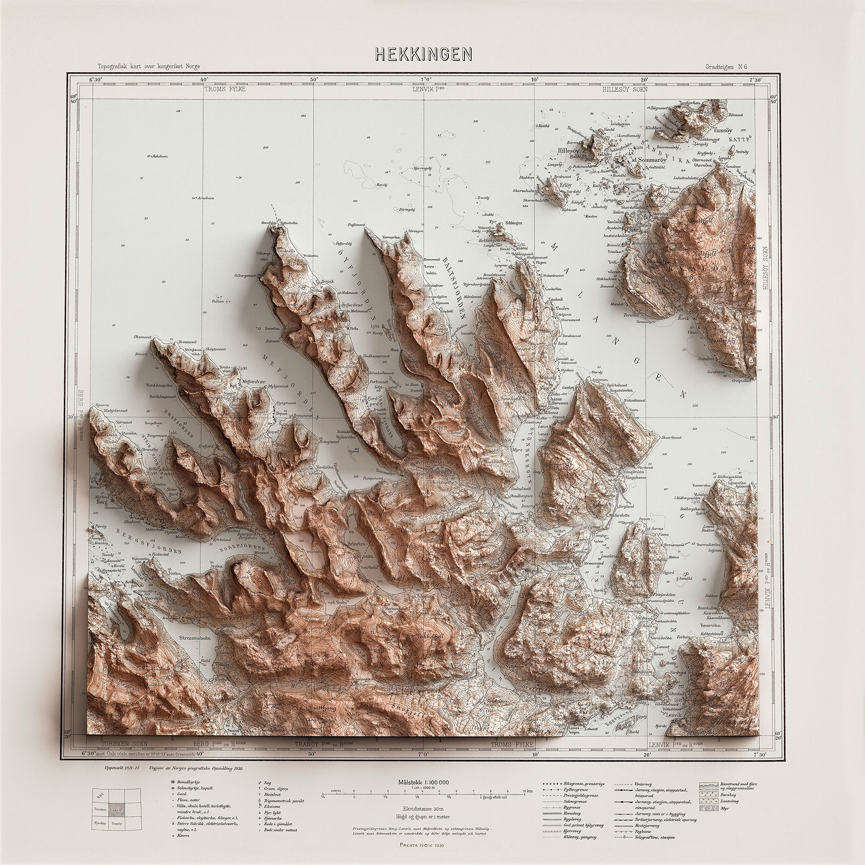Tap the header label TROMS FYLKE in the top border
tap(224, 89)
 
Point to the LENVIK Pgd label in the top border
tap(431, 89)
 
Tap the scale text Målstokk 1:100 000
tap(423, 782)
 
